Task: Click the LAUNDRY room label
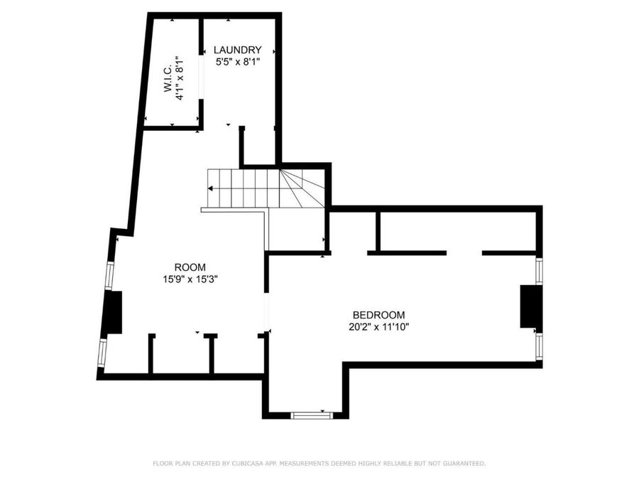point(238,50)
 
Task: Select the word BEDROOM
point(378,315)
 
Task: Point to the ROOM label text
point(190,267)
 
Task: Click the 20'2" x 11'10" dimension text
point(378,327)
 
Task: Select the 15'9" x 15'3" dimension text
point(190,279)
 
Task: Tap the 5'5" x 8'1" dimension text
point(238,62)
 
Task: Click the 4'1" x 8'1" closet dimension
point(180,78)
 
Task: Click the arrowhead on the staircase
point(210,188)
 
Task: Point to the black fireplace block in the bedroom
point(531,306)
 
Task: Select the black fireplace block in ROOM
point(112,312)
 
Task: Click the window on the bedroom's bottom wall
point(312,415)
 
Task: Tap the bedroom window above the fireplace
point(539,271)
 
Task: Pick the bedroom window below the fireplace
point(539,346)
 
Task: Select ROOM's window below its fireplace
point(102,353)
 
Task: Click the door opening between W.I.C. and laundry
point(201,77)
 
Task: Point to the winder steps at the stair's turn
point(302,188)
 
